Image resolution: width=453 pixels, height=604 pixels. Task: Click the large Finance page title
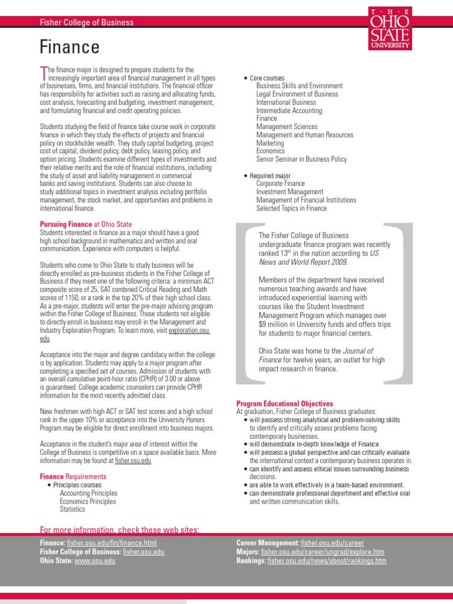click(70, 47)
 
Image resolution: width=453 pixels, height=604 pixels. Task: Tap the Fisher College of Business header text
click(87, 22)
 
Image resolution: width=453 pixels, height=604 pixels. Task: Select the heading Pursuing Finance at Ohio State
click(86, 224)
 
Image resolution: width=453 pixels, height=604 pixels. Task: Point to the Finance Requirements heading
click(73, 476)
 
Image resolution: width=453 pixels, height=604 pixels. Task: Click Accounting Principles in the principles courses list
click(88, 493)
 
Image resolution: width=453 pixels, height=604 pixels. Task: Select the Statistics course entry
click(72, 509)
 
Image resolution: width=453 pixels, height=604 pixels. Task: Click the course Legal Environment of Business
click(297, 94)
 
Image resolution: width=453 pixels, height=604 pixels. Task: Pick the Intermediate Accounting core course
click(289, 110)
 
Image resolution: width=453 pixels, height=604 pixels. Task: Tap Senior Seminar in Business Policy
click(301, 159)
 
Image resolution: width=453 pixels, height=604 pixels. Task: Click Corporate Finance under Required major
click(281, 183)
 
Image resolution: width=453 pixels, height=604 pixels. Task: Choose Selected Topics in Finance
click(291, 208)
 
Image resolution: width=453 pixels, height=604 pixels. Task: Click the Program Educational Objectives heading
click(284, 403)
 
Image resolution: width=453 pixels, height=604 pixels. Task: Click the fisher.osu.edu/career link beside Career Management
click(332, 543)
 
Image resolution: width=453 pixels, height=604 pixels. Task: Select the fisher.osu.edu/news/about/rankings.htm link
click(327, 560)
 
